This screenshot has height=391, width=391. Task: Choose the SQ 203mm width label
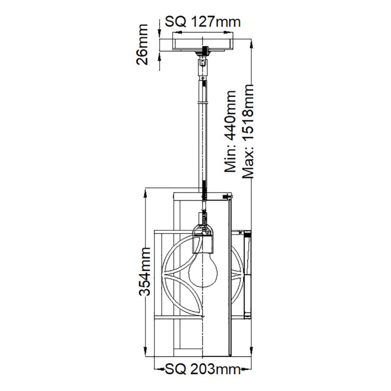pyautogui.click(x=201, y=370)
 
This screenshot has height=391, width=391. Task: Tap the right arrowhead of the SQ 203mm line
pyautogui.click(x=250, y=370)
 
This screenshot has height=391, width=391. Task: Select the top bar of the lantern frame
pyautogui.click(x=203, y=194)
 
